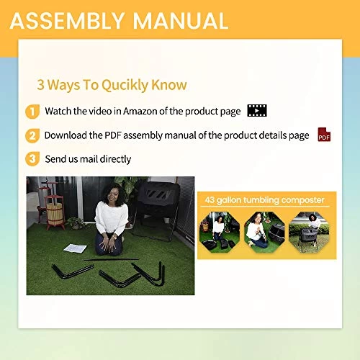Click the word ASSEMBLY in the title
click(67, 21)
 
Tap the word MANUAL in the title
click(181, 21)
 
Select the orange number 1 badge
click(32, 112)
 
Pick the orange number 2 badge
click(32, 136)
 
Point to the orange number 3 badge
click(32, 159)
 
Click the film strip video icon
click(257, 111)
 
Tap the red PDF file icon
click(324, 135)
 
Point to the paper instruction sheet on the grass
click(76, 248)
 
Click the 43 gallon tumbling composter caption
click(265, 199)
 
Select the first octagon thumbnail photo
click(220, 232)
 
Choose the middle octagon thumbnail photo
click(264, 232)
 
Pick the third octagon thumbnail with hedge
click(309, 232)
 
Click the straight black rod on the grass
click(112, 259)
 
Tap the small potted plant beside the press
click(76, 223)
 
